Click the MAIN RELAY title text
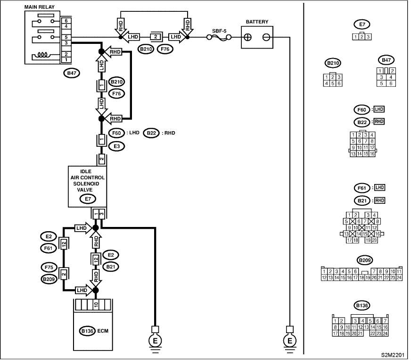pyautogui.click(x=39, y=7)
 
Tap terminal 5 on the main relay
pyautogui.click(x=66, y=37)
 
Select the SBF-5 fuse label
pyautogui.click(x=219, y=31)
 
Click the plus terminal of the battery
pyautogui.click(x=247, y=37)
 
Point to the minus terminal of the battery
pyautogui.click(x=266, y=37)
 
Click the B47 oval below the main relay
pyautogui.click(x=72, y=73)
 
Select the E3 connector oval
pyautogui.click(x=116, y=146)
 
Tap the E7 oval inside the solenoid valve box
pyautogui.click(x=88, y=199)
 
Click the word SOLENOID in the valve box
pyautogui.click(x=86, y=184)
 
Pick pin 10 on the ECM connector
pyautogui.click(x=96, y=305)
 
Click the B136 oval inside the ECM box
pyautogui.click(x=87, y=331)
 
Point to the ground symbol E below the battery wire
pyautogui.click(x=289, y=341)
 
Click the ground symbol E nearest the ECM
pyautogui.click(x=155, y=341)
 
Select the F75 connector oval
pyautogui.click(x=49, y=268)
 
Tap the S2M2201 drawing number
pyautogui.click(x=394, y=355)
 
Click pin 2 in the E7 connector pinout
pyautogui.click(x=362, y=37)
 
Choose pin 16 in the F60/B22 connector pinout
pyautogui.click(x=372, y=154)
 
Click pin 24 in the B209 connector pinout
pyautogui.click(x=399, y=277)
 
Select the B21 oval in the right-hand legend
pyautogui.click(x=362, y=201)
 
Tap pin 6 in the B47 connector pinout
pyautogui.click(x=391, y=84)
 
